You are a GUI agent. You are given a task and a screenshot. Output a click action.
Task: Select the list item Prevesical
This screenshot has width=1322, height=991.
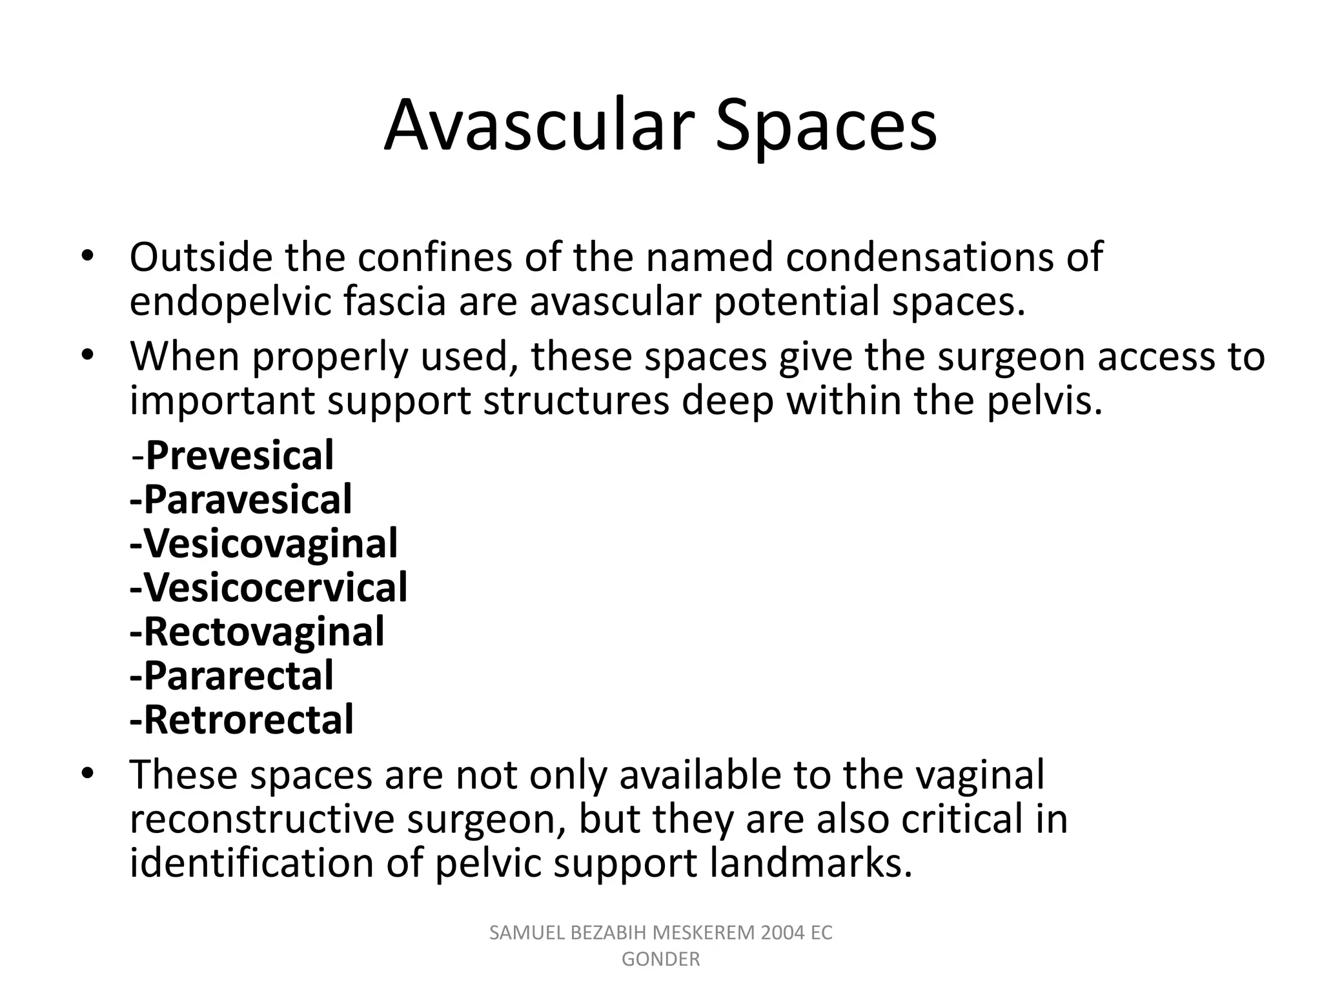(239, 455)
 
